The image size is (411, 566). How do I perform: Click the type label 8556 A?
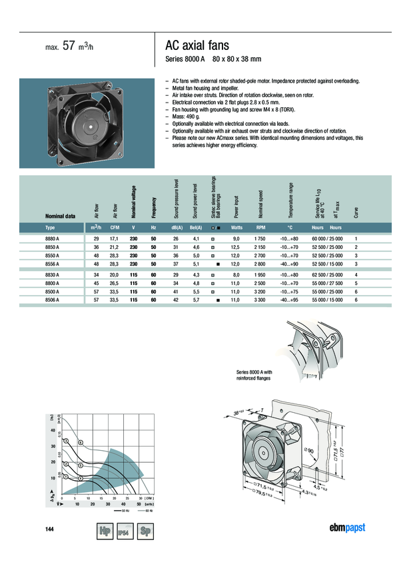51,264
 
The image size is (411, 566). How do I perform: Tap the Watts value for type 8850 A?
234,247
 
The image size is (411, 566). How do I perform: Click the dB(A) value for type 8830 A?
176,274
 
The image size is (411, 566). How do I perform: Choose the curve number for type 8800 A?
356,282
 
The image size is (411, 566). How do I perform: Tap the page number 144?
49,529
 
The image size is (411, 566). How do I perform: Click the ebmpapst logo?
348,529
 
